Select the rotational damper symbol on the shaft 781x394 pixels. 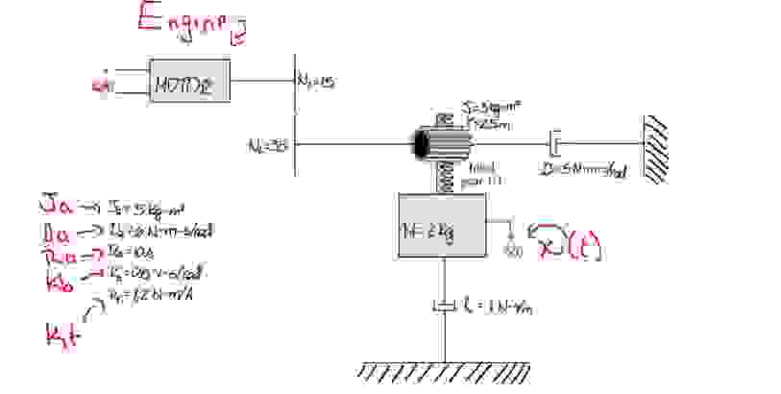pyautogui.click(x=554, y=146)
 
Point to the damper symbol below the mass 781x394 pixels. pyautogui.click(x=444, y=307)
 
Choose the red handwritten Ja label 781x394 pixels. pyautogui.click(x=53, y=205)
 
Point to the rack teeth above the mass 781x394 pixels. pyautogui.click(x=444, y=178)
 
